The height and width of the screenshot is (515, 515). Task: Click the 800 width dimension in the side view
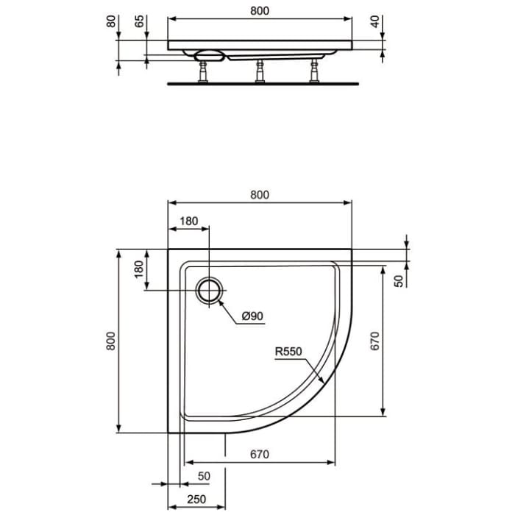(x=260, y=11)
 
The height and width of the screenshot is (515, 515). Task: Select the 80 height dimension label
(x=112, y=21)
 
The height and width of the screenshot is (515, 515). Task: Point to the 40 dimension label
(x=376, y=21)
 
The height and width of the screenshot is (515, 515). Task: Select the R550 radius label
(x=289, y=352)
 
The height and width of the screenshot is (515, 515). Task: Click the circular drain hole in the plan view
(x=209, y=291)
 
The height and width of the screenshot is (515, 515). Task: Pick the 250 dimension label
(x=196, y=500)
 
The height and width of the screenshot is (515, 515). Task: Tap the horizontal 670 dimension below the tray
(x=260, y=455)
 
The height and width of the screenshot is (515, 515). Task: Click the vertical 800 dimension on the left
(x=110, y=341)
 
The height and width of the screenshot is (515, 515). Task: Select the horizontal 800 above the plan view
(x=260, y=195)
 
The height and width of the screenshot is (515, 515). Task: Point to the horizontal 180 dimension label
(x=189, y=221)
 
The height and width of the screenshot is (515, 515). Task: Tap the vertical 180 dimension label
(x=138, y=270)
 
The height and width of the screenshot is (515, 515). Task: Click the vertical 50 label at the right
(x=399, y=280)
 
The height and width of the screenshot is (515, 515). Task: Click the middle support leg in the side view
(x=259, y=71)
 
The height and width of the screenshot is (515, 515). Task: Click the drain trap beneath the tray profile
(x=209, y=55)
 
